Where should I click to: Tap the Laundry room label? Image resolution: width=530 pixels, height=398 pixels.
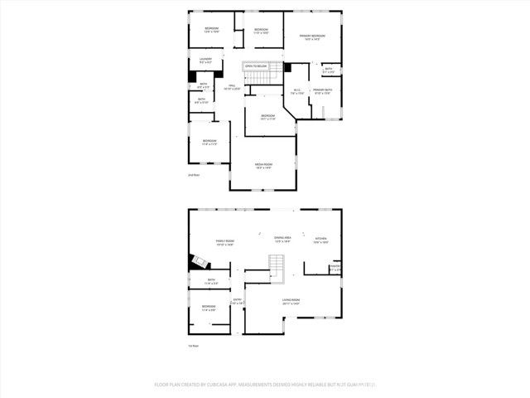click(x=205, y=61)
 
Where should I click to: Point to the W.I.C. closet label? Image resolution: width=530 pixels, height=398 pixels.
click(x=297, y=92)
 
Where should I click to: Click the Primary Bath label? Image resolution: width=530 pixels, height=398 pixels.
click(x=321, y=92)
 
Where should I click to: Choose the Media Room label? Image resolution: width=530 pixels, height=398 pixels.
click(x=263, y=166)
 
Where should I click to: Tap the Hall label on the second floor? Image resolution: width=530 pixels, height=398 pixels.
click(x=232, y=87)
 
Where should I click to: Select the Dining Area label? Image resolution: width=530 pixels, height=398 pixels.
click(x=282, y=240)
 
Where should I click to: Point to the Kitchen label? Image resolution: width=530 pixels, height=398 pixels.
click(x=321, y=241)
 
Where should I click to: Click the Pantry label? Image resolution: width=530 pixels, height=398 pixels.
click(x=335, y=267)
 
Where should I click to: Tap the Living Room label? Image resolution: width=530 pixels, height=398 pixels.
click(x=290, y=302)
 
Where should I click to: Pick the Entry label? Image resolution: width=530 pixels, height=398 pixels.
click(x=237, y=302)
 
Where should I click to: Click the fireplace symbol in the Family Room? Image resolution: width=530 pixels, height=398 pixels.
click(x=197, y=262)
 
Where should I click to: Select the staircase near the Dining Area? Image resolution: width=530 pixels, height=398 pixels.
click(x=277, y=266)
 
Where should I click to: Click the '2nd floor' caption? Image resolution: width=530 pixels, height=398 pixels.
click(x=195, y=175)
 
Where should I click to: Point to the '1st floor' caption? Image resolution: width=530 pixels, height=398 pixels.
click(x=195, y=345)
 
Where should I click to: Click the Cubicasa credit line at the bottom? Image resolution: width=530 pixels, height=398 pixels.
click(x=265, y=384)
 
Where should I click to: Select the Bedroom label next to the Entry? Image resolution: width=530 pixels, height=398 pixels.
click(x=209, y=308)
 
